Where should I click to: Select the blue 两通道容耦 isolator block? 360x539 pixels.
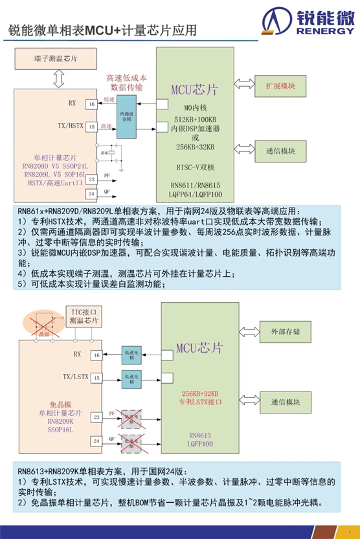coord(126,115)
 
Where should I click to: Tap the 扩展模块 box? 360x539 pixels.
coord(280,85)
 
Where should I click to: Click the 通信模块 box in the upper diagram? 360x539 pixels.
coord(280,151)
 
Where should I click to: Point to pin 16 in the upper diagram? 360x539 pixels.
coord(93,104)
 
